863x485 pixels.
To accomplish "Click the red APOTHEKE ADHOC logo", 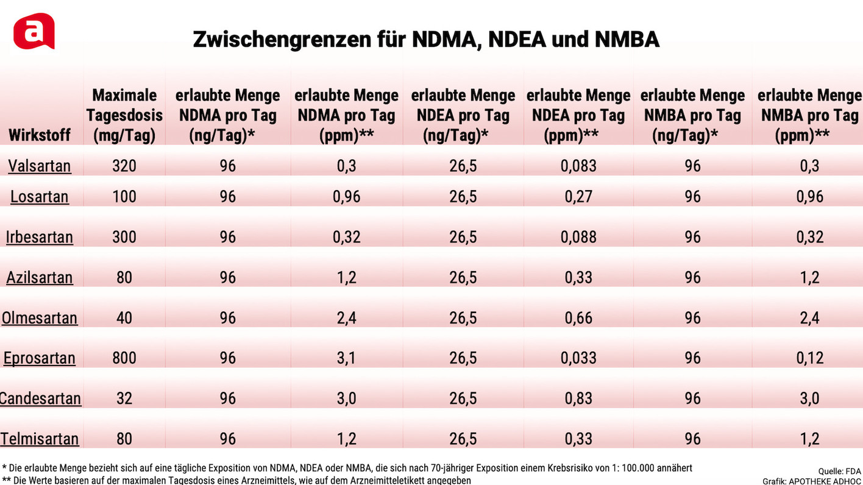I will tap(34, 31).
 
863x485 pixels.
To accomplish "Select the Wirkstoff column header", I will tap(40, 135).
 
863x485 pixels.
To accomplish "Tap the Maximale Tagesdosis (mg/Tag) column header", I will tap(124, 115).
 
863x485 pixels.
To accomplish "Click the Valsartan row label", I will tap(40, 166).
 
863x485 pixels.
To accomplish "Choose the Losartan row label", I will tap(40, 196).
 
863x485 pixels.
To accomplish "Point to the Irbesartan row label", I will tap(40, 237).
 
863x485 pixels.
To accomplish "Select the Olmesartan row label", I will tap(40, 317).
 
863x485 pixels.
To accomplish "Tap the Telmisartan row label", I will tap(40, 439).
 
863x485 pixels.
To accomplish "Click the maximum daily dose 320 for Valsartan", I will tap(124, 166).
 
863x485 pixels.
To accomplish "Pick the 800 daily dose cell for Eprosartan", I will tap(124, 358).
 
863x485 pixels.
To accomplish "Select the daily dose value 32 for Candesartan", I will tap(124, 398).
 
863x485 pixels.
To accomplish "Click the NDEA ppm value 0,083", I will tap(578, 166).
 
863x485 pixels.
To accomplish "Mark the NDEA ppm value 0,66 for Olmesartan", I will tap(578, 317).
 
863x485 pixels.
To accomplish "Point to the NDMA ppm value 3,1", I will tap(346, 358).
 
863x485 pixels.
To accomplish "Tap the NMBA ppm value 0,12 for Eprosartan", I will tap(809, 358).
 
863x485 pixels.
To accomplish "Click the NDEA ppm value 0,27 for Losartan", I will tap(578, 196).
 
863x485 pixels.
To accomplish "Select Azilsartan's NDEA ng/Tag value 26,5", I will tap(463, 277).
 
